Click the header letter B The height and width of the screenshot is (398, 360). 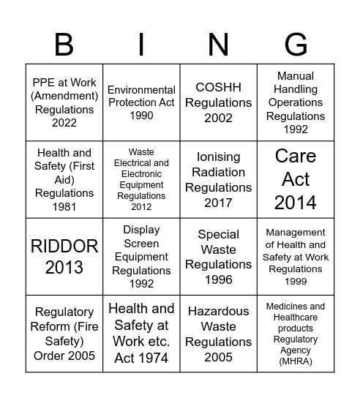pos(64,45)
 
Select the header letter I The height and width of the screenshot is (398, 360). pos(141,45)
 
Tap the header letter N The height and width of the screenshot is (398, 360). pos(218,45)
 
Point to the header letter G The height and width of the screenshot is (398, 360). pos(296,45)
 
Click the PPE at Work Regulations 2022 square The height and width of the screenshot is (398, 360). pos(64,103)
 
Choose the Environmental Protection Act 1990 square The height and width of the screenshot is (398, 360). pos(141,103)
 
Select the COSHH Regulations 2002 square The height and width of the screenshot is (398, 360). pos(218,103)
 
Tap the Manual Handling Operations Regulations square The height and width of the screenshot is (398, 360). pos(296,103)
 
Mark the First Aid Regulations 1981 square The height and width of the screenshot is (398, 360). pos(64,180)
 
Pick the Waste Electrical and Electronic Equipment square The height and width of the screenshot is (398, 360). pos(141,180)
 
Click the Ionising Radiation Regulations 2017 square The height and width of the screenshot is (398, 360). pos(218,180)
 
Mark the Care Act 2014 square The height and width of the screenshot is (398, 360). pos(296,180)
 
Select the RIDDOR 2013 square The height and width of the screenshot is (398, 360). pos(64,257)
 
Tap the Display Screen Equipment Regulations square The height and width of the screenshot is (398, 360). pos(141,257)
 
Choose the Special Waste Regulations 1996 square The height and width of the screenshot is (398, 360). pos(218,257)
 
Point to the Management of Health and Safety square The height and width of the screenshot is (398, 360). pos(296,257)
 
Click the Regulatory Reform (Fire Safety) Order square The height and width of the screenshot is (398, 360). pos(64,334)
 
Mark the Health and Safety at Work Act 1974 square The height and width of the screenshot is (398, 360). pos(141,334)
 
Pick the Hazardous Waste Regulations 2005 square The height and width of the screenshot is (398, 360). pos(218,334)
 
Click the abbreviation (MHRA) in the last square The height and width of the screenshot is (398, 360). pos(296,361)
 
